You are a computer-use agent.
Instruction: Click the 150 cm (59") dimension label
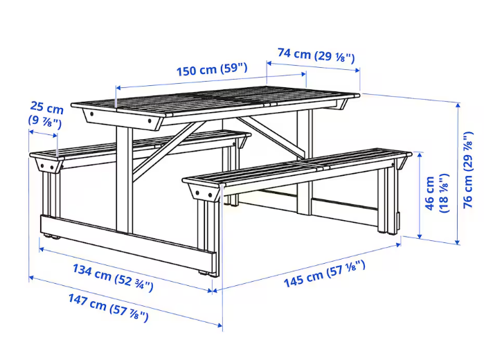(x=212, y=69)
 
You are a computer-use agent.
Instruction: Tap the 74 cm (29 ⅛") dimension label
(x=316, y=55)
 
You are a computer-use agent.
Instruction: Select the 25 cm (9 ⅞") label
(x=46, y=114)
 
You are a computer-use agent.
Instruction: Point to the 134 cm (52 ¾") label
(x=113, y=278)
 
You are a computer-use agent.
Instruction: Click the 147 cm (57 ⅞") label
(x=108, y=307)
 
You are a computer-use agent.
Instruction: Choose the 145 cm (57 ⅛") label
(x=325, y=274)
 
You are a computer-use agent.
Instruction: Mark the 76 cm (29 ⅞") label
(x=468, y=170)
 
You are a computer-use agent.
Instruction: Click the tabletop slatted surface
(x=216, y=101)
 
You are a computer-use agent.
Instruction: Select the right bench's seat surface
(x=297, y=167)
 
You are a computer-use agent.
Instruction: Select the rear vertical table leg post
(x=305, y=162)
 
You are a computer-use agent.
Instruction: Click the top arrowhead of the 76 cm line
(x=458, y=105)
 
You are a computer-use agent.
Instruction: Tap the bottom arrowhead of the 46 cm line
(x=419, y=236)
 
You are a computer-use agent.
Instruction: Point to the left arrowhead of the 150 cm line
(x=118, y=88)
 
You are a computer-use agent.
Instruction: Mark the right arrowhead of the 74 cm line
(x=357, y=70)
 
